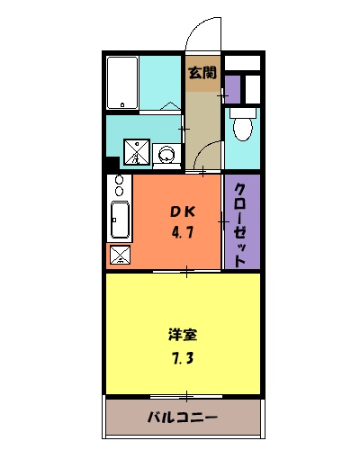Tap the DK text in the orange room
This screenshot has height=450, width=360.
(x=184, y=212)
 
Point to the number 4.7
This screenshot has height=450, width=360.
(x=184, y=230)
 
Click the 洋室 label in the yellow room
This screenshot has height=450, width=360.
(x=183, y=335)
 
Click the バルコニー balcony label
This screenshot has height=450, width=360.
(x=183, y=418)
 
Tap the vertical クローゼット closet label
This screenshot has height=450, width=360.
(x=240, y=225)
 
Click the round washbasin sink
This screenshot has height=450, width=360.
(x=166, y=155)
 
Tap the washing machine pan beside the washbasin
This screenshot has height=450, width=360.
(x=136, y=151)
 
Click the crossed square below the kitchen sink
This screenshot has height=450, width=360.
(x=119, y=254)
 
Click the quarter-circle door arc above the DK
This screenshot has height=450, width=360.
(x=209, y=155)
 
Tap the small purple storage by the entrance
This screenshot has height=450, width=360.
(x=232, y=90)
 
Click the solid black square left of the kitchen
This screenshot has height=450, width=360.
(x=112, y=165)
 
